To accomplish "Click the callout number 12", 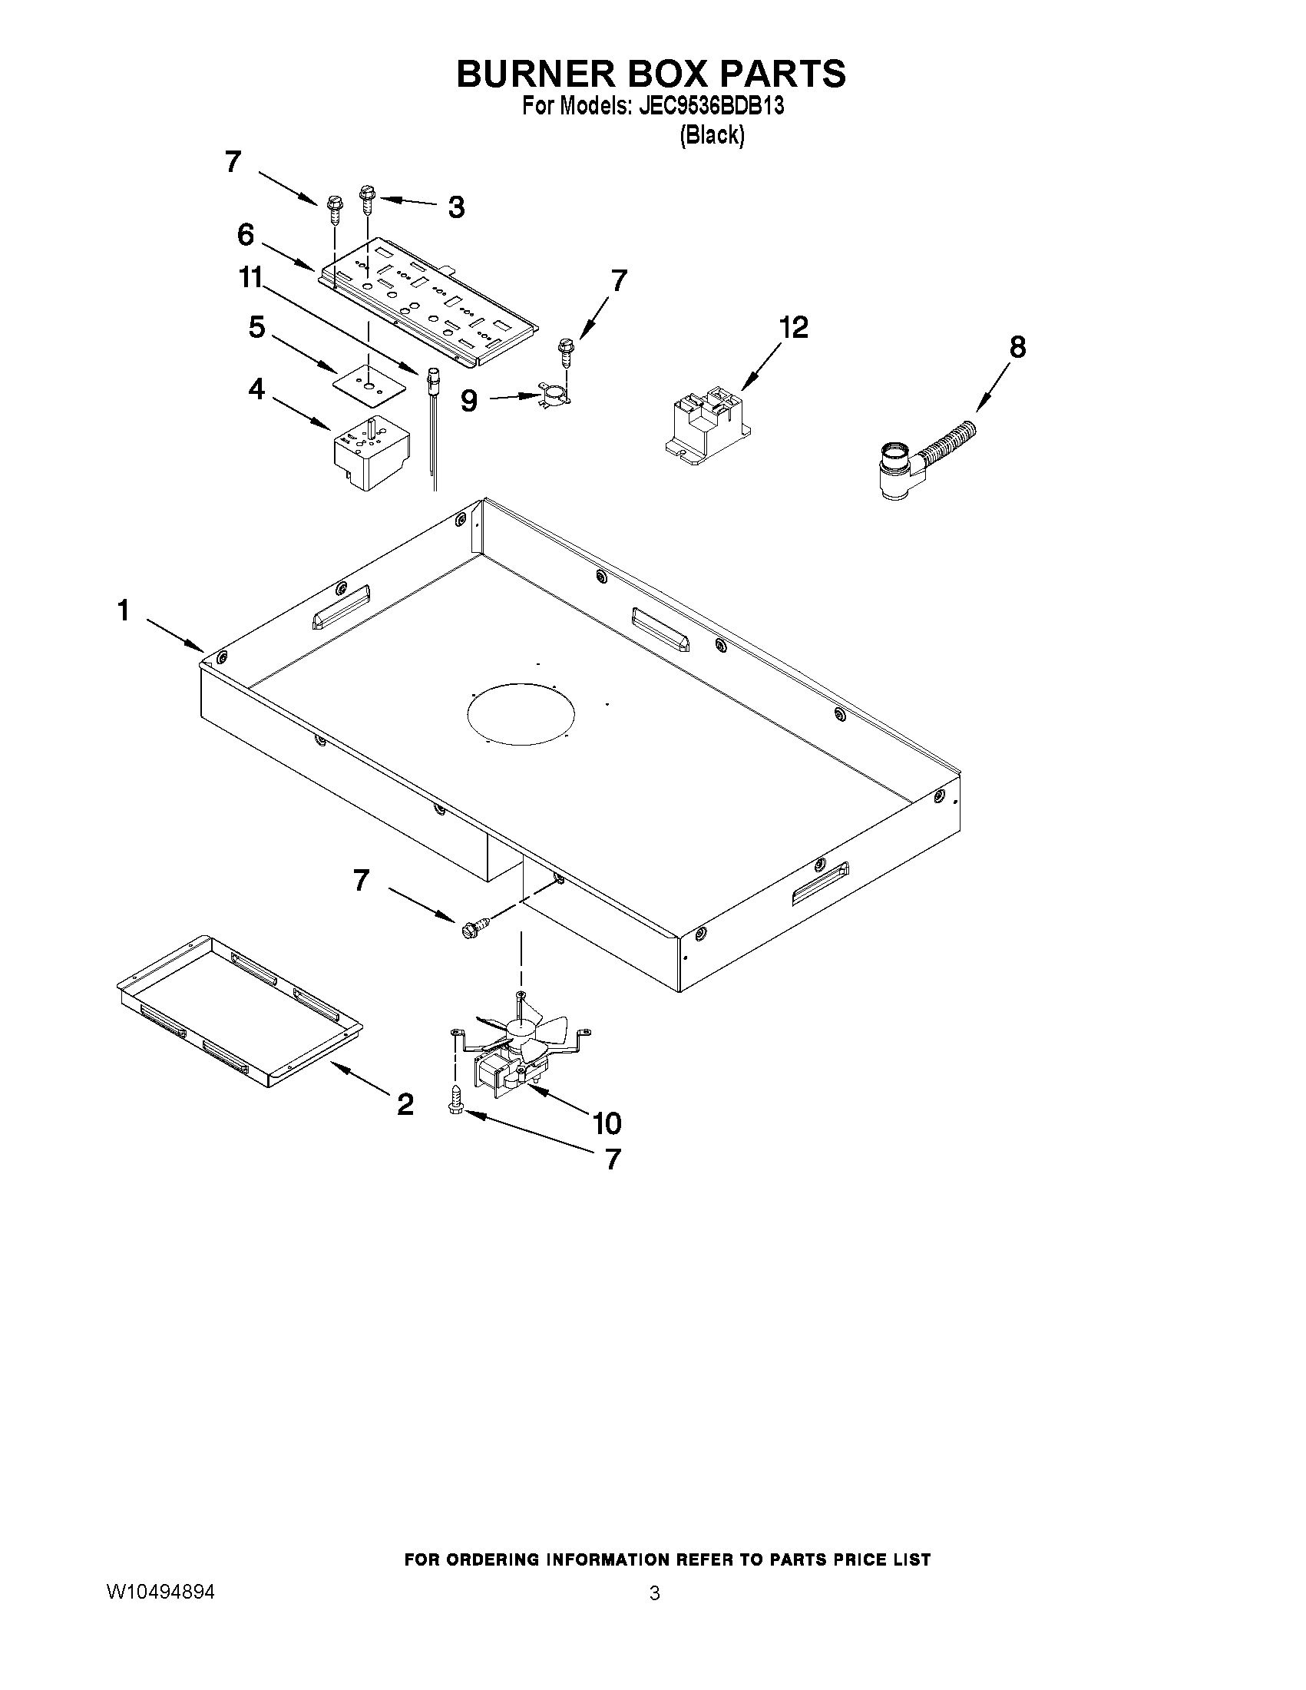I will [793, 327].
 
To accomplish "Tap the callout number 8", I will [1017, 347].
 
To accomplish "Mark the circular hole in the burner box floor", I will [521, 714].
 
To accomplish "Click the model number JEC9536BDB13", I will [709, 106].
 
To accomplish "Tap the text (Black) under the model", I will [712, 135].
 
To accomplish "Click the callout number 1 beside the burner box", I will [123, 611].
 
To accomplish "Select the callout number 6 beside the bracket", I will [245, 233].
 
